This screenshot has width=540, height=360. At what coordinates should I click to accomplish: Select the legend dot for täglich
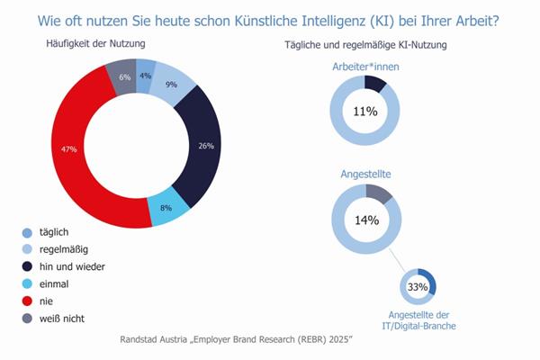click(28, 232)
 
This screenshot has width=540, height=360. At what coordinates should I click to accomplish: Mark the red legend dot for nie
click(28, 301)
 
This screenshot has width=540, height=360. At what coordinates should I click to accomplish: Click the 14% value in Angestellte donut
click(366, 220)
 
